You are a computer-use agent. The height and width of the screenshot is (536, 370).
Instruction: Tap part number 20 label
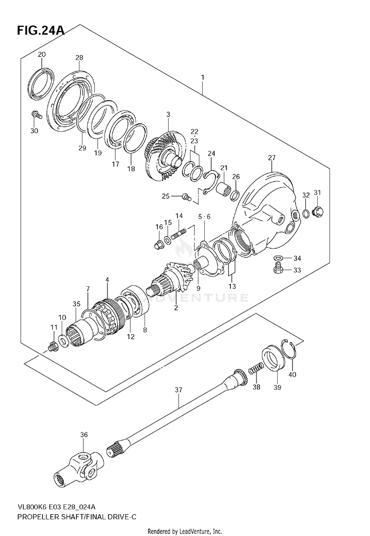pyautogui.click(x=42, y=54)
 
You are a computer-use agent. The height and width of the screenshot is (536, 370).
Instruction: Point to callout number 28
pyautogui.click(x=79, y=58)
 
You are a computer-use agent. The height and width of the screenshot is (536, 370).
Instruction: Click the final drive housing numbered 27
pyautogui.click(x=266, y=207)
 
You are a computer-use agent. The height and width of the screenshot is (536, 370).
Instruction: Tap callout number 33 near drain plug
pyautogui.click(x=296, y=270)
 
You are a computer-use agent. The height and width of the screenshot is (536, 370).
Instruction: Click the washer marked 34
pyautogui.click(x=278, y=258)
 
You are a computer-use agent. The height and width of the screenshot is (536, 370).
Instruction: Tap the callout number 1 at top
pyautogui.click(x=203, y=77)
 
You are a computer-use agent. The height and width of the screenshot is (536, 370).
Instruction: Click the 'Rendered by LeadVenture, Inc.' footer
pyautogui.click(x=185, y=531)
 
